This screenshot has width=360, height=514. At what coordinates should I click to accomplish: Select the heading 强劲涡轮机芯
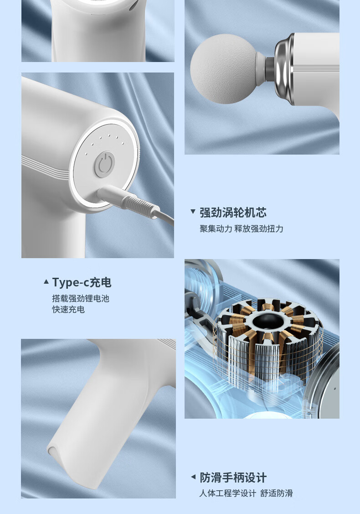233,213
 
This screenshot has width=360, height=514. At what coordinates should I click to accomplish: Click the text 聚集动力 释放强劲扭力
242,228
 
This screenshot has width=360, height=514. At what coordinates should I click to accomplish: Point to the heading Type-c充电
82,282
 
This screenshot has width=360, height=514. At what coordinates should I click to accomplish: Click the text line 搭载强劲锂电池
81,299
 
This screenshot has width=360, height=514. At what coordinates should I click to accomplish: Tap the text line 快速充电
68,310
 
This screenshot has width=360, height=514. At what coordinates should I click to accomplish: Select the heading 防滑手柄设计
233,478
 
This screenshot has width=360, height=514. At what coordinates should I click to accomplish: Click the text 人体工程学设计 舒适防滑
246,493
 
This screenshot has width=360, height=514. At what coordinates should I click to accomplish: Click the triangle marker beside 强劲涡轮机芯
193,212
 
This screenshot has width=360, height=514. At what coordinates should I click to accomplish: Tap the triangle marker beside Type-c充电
46,282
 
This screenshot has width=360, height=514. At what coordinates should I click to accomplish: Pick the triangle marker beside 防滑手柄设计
193,477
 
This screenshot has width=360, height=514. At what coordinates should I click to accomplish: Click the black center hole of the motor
266,322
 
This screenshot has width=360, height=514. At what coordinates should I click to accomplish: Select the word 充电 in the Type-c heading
100,282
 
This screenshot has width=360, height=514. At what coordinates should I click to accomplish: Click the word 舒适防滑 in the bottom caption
277,493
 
